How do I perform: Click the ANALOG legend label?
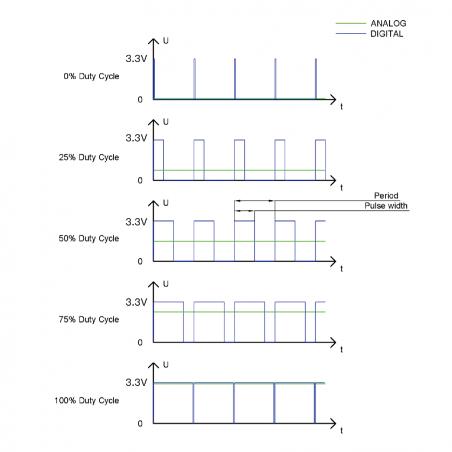(x=388, y=23)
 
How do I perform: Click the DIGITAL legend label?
(x=386, y=34)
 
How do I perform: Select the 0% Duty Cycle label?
(x=92, y=76)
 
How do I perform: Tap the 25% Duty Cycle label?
(x=89, y=158)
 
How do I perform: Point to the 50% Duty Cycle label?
(x=89, y=238)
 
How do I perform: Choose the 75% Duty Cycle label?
(x=89, y=319)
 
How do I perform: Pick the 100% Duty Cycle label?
(x=87, y=401)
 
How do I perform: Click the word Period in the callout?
(x=386, y=195)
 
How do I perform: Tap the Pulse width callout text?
(x=386, y=206)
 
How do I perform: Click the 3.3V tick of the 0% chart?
(x=136, y=59)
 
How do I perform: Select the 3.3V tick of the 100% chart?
(x=136, y=383)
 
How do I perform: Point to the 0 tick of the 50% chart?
(x=140, y=262)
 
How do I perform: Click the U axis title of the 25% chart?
(x=166, y=122)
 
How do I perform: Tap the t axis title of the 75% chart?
(x=342, y=350)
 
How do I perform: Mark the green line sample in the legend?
(x=351, y=23)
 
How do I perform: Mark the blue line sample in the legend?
(x=351, y=33)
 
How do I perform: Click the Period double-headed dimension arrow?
(x=255, y=201)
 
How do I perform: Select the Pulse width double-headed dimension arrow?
(x=245, y=211)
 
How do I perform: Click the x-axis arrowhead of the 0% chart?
(x=333, y=99)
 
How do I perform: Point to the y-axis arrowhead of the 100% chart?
(x=153, y=365)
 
